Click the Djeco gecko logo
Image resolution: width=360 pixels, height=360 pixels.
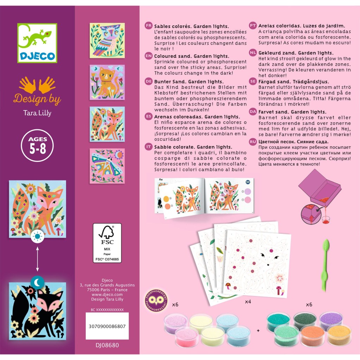pos(37,43)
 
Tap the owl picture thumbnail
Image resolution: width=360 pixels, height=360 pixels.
pos(107,40)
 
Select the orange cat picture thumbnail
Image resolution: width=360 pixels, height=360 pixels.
pos(107,82)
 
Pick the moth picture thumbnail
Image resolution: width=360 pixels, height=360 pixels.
pos(107,166)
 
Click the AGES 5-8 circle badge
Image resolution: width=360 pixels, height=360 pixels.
pos(37,146)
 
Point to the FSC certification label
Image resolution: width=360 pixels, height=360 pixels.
pos(107,243)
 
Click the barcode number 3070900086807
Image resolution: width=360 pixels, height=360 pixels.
pos(107,326)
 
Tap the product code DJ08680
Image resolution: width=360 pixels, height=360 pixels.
pos(107,345)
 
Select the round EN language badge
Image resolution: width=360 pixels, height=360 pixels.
pos(149,56)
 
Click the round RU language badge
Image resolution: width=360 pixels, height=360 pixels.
pos(253,142)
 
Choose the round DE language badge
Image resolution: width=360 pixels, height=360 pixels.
pos(149,81)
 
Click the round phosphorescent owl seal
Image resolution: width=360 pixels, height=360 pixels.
pos(156,301)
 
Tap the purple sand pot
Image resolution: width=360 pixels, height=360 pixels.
pos(331,320)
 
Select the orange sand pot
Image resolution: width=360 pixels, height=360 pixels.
pos(312,335)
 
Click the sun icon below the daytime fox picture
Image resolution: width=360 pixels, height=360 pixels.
pos(37,236)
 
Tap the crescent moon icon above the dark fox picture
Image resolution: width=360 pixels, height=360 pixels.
pos(37,282)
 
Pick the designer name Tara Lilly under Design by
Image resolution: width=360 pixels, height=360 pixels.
pos(37,113)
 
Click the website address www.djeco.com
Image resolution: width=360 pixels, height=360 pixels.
pos(107,295)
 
